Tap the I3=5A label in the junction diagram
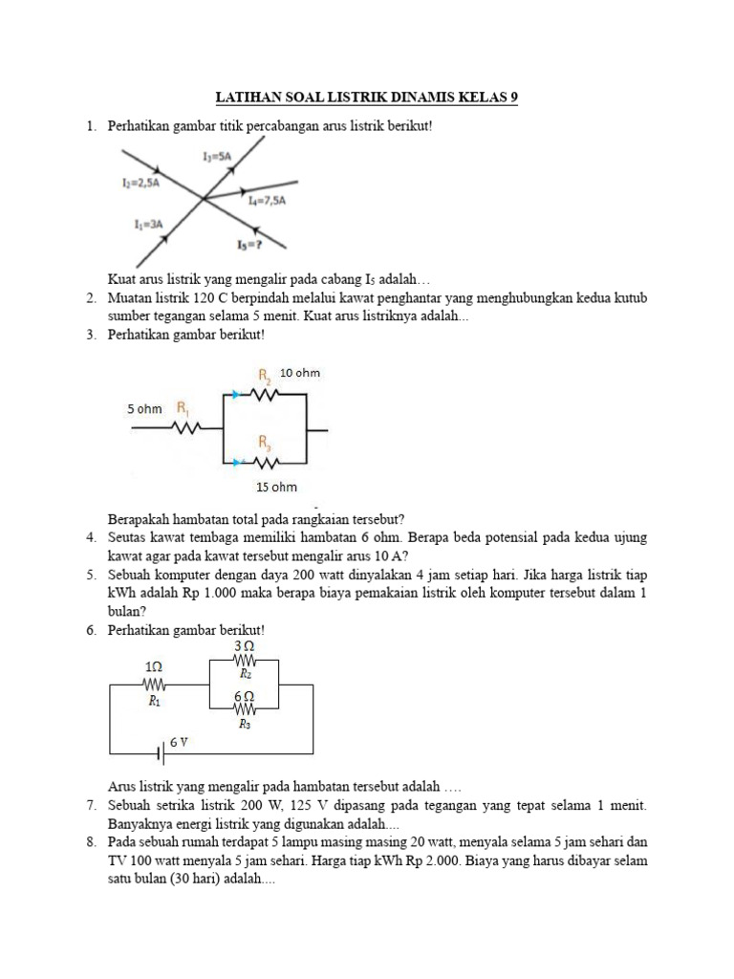217,156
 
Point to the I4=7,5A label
268,202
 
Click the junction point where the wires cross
203,199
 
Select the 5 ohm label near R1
144,409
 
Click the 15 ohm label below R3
276,487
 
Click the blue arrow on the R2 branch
234,392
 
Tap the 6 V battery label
181,741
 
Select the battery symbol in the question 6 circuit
161,754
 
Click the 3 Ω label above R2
244,647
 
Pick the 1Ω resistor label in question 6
154,665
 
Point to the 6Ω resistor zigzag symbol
245,709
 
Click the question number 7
90,807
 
